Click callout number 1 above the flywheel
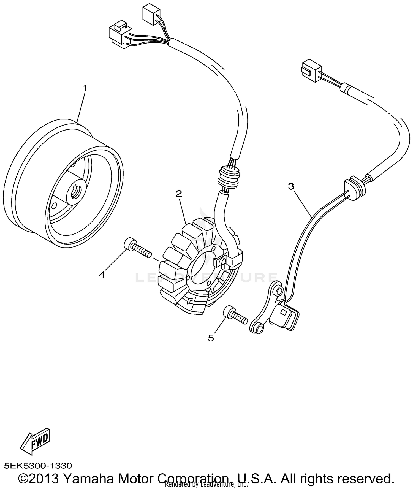[85, 88]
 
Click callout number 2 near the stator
[179, 194]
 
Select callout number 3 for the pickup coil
[291, 186]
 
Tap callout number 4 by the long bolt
[102, 275]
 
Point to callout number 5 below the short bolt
[211, 338]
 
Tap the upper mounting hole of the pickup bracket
[279, 291]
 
